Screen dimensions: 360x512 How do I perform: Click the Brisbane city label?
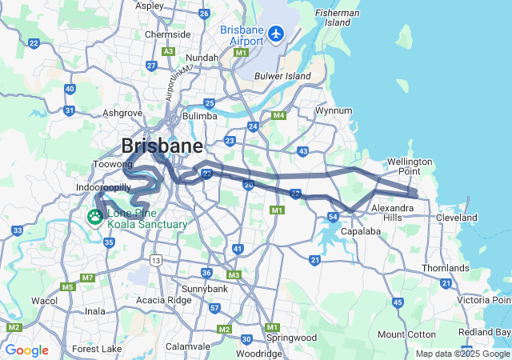(162, 146)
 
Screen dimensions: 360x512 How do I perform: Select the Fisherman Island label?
(337, 18)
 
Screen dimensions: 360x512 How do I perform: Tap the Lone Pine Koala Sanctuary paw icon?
(95, 217)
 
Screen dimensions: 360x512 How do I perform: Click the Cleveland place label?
(457, 217)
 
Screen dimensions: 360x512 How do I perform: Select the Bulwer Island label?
(282, 76)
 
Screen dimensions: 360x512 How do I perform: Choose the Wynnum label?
(334, 110)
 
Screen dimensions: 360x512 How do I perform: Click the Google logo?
(26, 350)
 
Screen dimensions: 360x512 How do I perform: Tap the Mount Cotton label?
(405, 334)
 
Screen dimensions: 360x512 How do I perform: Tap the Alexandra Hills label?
(392, 213)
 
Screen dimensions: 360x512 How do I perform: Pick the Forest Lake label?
(97, 349)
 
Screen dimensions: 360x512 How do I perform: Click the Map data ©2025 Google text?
(462, 354)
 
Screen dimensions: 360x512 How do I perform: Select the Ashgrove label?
(122, 114)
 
